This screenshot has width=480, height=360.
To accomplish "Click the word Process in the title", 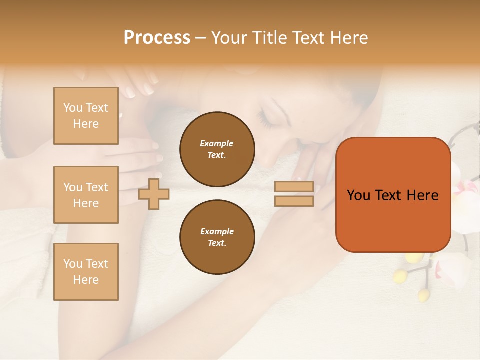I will [x=157, y=38].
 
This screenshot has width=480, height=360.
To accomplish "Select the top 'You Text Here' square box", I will [x=86, y=116].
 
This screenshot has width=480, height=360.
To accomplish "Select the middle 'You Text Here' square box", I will [x=86, y=195].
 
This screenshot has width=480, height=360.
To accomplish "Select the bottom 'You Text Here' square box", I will [x=86, y=272].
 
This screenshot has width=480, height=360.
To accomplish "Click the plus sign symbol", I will [x=154, y=194].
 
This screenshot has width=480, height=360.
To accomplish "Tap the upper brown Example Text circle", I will [x=217, y=149].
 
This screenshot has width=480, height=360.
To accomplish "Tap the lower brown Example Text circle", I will [x=217, y=237].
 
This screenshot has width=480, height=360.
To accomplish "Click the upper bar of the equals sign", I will [x=294, y=187].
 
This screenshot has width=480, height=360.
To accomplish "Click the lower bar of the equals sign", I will [x=294, y=201].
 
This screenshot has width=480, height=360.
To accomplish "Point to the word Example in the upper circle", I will [x=217, y=143].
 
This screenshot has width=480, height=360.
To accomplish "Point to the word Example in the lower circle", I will [x=217, y=231].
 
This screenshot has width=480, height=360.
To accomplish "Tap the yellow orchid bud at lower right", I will [x=424, y=294].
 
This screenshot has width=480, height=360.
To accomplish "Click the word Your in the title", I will [x=228, y=38].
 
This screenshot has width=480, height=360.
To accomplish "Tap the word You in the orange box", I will [x=358, y=195].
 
